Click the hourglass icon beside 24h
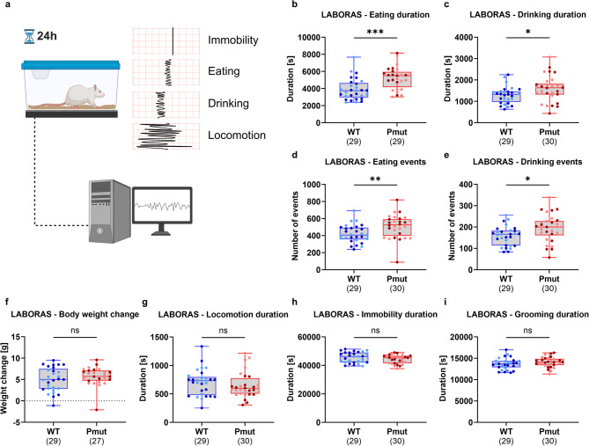[29, 36]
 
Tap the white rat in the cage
[84, 96]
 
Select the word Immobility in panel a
[233, 40]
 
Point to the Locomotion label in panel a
[237, 135]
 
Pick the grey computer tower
[110, 211]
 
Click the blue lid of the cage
[70, 66]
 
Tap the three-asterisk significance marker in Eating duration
[375, 32]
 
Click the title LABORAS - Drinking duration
[527, 15]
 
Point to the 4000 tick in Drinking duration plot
[466, 38]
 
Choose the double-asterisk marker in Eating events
[375, 179]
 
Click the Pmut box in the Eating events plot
[397, 228]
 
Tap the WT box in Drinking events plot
[506, 238]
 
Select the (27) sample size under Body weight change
[97, 441]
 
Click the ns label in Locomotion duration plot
[223, 331]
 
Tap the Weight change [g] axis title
[4, 378]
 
